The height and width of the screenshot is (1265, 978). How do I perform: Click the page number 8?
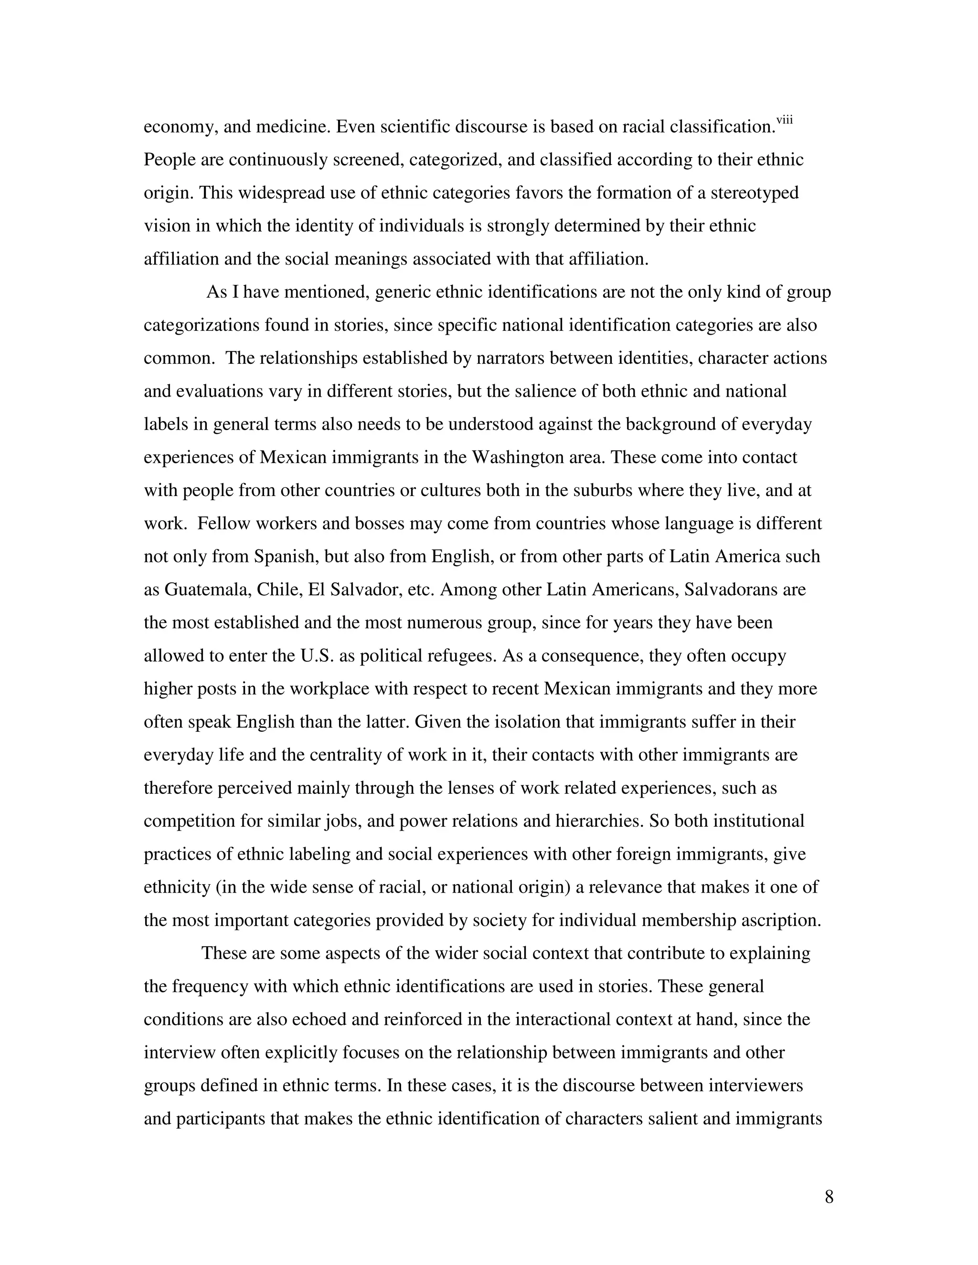(x=829, y=1197)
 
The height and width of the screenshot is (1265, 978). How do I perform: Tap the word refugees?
(x=462, y=656)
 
